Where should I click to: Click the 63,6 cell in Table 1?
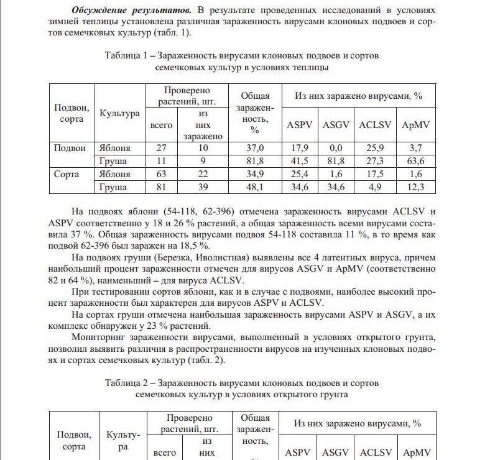[416, 161]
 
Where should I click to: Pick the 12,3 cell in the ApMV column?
[416, 187]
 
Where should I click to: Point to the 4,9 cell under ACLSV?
[375, 187]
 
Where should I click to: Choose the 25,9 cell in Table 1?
[375, 148]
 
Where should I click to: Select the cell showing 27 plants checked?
[162, 148]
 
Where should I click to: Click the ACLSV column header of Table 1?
[375, 124]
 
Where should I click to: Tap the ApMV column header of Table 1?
[416, 124]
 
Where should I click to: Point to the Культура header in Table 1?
[119, 114]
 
